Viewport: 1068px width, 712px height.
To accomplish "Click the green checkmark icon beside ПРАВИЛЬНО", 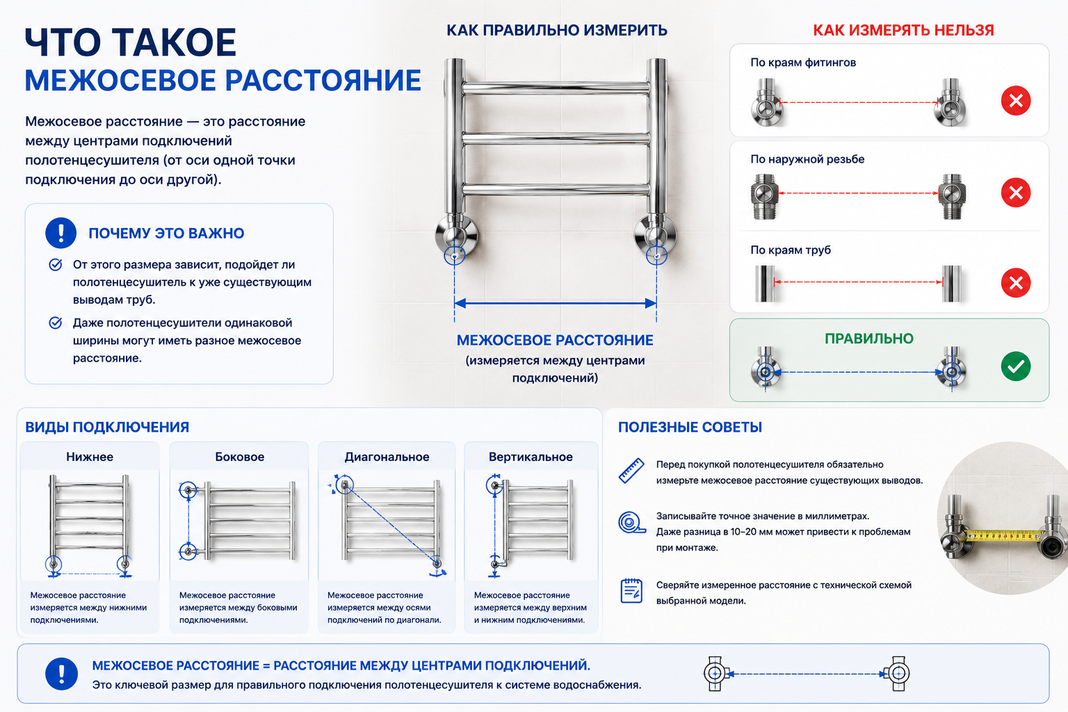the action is point(1016,366).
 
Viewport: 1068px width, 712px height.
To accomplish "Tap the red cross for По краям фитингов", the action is point(1016,101).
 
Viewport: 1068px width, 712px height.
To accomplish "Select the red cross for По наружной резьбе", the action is point(1016,193).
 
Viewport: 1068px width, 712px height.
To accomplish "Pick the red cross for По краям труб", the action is point(1016,283).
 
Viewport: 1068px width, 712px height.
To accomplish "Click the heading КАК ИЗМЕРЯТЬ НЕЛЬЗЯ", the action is point(903,31).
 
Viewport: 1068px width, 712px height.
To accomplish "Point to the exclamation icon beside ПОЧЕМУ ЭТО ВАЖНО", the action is point(60,233).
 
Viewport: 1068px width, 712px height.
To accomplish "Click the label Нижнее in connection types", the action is point(90,457).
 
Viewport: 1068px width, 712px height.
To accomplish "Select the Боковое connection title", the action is point(239,457).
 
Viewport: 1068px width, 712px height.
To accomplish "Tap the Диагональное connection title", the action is point(387,457).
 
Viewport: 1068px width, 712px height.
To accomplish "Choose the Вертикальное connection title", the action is point(531,457).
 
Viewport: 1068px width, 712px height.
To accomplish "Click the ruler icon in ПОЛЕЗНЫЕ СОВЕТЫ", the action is point(631,471).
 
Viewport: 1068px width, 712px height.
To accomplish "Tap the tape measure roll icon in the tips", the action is point(632,522).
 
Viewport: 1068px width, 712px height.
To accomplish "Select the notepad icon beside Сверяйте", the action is point(631,590).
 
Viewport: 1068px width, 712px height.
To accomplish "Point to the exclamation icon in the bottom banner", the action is point(61,674).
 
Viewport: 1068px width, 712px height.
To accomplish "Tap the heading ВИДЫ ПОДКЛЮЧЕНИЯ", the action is point(107,428).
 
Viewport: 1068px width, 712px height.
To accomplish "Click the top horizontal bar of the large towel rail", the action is point(556,88).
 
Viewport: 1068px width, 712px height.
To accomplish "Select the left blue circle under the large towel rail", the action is point(454,256).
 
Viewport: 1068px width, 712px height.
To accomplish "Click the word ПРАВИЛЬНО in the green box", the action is point(868,339).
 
